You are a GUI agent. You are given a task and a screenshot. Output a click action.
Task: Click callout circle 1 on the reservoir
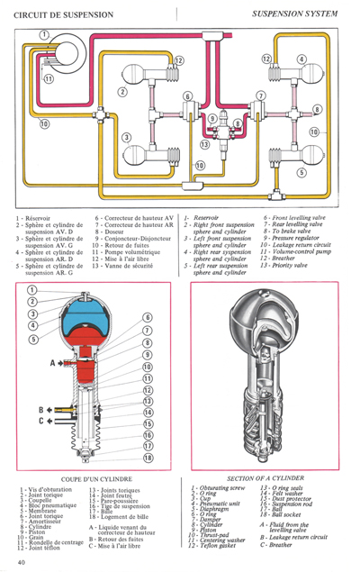(x=42, y=34)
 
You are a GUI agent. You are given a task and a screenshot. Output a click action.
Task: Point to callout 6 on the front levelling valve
(x=187, y=95)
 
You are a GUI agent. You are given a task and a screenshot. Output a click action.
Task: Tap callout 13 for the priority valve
(x=205, y=144)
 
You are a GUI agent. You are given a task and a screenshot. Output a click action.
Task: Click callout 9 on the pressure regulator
(x=212, y=119)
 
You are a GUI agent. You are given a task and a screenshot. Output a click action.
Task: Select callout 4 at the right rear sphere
(x=301, y=60)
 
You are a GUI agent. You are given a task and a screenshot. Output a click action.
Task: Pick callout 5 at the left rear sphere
(x=301, y=173)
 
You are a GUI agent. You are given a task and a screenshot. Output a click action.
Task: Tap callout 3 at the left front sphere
(x=127, y=136)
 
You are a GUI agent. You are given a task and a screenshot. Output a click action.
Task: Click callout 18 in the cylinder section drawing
(x=146, y=459)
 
